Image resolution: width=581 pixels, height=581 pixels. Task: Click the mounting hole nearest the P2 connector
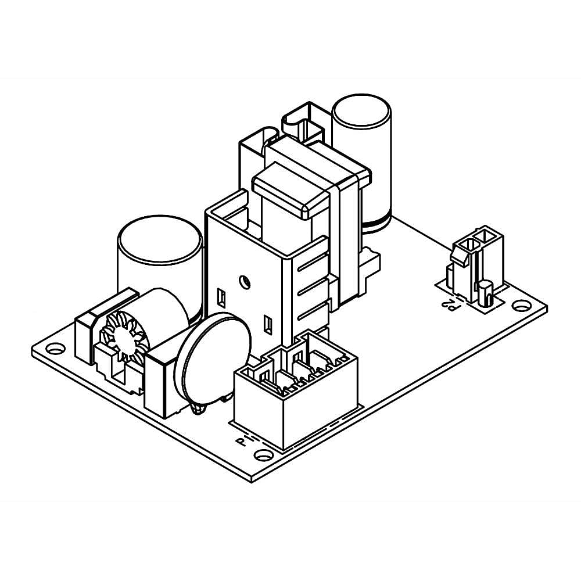tap(521, 304)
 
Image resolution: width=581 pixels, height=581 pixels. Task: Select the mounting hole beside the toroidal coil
tap(54, 349)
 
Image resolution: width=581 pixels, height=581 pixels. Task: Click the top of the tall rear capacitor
tap(360, 110)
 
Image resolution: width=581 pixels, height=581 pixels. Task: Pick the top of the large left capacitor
tap(160, 239)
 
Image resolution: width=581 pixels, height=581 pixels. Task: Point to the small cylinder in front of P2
tap(485, 293)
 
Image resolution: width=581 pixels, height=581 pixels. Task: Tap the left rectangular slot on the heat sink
tap(221, 297)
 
